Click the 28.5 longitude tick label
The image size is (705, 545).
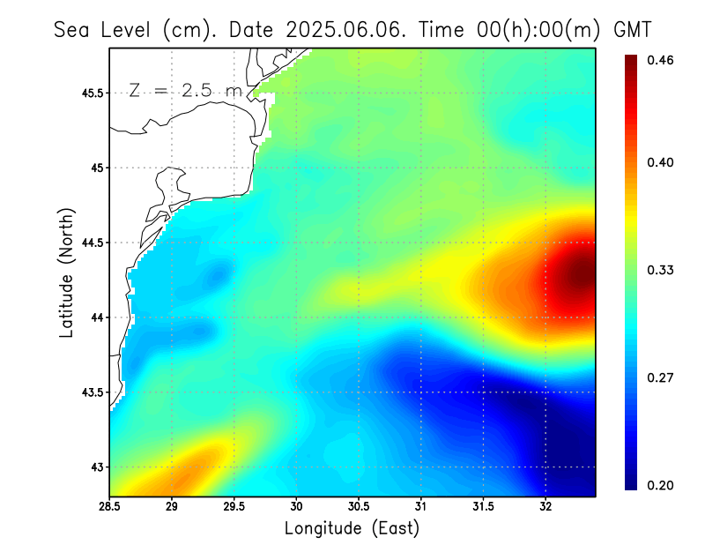click(110, 506)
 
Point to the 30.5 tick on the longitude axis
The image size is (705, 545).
click(359, 506)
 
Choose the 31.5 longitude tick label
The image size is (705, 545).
click(483, 506)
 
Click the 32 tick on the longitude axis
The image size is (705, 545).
click(545, 506)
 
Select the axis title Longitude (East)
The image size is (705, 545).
click(352, 528)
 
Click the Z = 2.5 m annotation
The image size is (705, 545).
click(184, 90)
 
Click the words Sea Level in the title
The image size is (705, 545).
click(105, 29)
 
